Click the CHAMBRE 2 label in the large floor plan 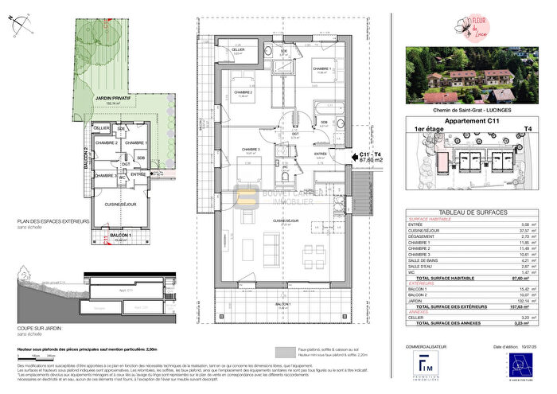pos(243,92)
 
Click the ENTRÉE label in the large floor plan pos(321,153)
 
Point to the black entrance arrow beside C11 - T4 pos(353,157)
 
